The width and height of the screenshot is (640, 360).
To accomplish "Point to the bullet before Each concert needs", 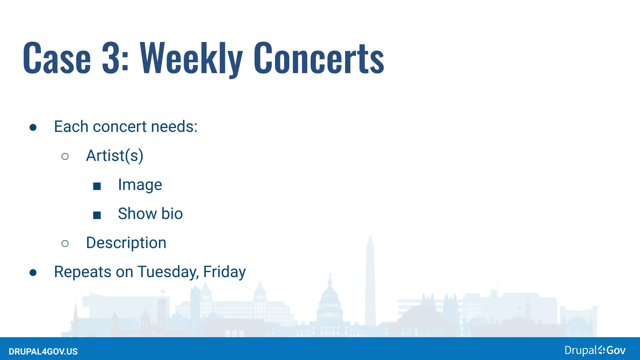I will coord(33,127).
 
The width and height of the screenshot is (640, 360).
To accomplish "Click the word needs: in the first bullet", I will coord(174,127).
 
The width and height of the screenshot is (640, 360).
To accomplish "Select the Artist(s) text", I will coord(115,156).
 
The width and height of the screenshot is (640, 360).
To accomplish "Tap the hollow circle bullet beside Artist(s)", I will coord(65,156).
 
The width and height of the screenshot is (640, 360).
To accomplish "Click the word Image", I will coord(140,185).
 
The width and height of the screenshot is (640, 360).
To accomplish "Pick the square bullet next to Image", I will coord(97,186).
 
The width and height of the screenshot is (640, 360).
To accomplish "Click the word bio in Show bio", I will coord(172,214).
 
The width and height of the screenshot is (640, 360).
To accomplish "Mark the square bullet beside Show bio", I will coord(97,215).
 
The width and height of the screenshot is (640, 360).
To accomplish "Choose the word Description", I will coord(126,243).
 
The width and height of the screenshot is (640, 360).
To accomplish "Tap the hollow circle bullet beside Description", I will coord(65,243).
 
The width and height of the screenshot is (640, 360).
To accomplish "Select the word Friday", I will coord(224,272).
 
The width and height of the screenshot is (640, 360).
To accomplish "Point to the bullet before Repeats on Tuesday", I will coord(33,272).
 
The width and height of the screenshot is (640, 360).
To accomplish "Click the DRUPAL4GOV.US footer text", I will coord(43,352).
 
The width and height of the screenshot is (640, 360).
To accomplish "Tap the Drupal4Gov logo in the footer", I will coord(595,350).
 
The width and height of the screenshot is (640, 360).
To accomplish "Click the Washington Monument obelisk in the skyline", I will coord(370,281).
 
